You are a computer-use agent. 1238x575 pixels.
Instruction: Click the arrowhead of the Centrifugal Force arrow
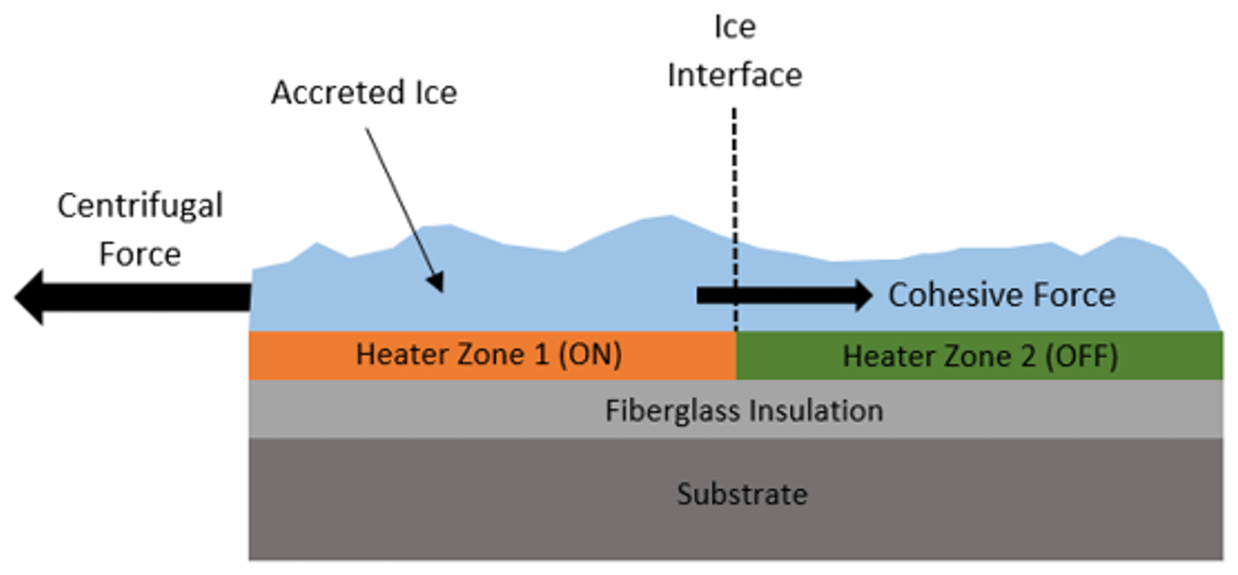point(30,297)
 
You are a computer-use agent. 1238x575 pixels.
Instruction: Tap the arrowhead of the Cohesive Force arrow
point(861,295)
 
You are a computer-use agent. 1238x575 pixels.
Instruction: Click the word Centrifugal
point(140,206)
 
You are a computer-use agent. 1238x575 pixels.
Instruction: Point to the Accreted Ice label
point(364,93)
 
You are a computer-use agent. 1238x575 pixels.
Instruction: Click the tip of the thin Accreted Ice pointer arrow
point(442,289)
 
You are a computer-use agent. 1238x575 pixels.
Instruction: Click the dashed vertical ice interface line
point(735,197)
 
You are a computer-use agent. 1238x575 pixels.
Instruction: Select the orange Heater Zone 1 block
point(492,356)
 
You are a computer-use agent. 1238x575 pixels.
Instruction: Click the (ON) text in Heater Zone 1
point(589,355)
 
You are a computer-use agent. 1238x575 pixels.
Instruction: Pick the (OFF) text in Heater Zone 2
point(1082,357)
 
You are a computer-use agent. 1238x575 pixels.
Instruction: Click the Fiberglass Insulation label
point(744,411)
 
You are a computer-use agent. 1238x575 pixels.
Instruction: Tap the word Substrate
point(742,494)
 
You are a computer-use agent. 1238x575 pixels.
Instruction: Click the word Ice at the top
point(735,28)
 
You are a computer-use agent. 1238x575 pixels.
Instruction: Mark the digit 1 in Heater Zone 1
point(541,355)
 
